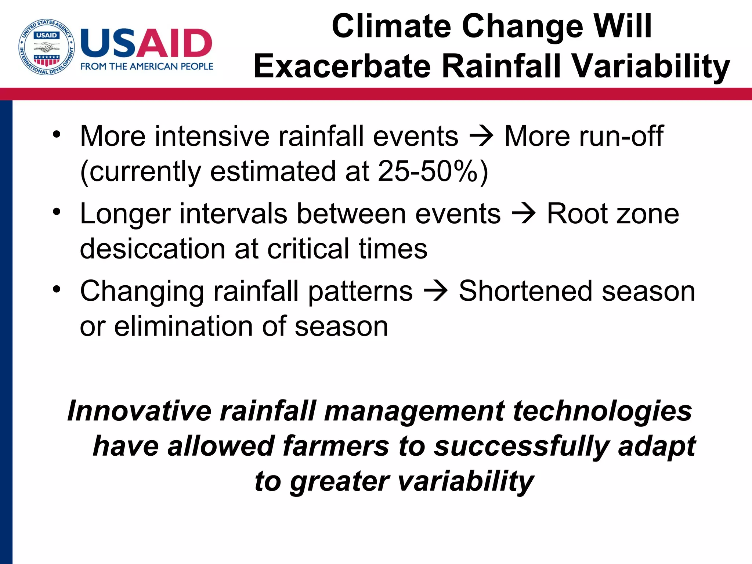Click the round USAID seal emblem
coord(47,47)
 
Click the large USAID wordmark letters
coord(146,43)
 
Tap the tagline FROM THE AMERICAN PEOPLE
coord(147,66)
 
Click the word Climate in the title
coord(391,26)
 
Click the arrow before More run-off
coord(482,136)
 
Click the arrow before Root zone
coord(524,214)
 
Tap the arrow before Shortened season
coord(436,291)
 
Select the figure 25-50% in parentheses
coord(428,171)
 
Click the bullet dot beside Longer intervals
coord(56,212)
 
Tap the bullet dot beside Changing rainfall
coord(56,289)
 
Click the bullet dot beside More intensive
coord(56,134)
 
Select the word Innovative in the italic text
coord(140,411)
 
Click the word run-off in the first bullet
coord(621,136)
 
